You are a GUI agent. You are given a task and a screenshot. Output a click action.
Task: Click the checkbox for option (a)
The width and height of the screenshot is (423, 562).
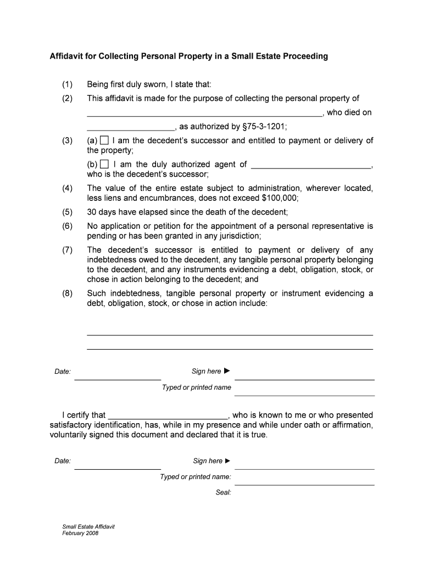[x=104, y=140]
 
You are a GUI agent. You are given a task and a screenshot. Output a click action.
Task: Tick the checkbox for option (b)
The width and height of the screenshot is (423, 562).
[x=104, y=165]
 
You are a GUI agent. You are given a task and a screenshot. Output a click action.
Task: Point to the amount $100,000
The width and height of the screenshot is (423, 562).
[x=280, y=198]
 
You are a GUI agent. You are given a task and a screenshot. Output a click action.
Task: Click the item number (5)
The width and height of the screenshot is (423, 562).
[x=67, y=212]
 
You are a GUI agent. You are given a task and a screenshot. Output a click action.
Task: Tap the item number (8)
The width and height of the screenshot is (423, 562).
[x=67, y=293]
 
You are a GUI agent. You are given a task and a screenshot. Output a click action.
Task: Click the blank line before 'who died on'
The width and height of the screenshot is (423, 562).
[x=204, y=114]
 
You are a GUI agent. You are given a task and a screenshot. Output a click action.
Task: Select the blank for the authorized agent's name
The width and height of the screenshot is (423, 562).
[x=311, y=165]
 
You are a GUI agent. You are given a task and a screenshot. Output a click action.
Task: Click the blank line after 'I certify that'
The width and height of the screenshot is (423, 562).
[x=168, y=416]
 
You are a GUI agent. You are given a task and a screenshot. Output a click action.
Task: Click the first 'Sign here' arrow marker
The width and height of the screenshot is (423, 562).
[x=227, y=372]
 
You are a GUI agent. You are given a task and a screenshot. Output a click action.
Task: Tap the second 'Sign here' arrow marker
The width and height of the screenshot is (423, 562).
[x=228, y=461]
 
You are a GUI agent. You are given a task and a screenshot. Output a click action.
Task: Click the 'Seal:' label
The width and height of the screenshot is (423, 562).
[x=223, y=493]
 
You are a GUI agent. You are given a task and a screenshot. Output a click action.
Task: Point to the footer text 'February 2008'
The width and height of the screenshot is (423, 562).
[x=80, y=533]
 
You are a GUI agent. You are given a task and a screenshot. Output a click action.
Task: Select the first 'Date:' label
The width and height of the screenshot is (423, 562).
[x=63, y=372]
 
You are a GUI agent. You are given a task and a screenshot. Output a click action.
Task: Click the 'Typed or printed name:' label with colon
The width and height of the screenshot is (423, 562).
[x=196, y=477]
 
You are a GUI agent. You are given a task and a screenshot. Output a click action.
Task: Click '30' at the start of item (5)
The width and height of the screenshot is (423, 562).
[x=92, y=212]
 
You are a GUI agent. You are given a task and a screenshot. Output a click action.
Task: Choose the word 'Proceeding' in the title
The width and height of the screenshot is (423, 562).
[x=303, y=56]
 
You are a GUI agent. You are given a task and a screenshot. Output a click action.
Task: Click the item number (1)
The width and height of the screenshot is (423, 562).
[x=67, y=84]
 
